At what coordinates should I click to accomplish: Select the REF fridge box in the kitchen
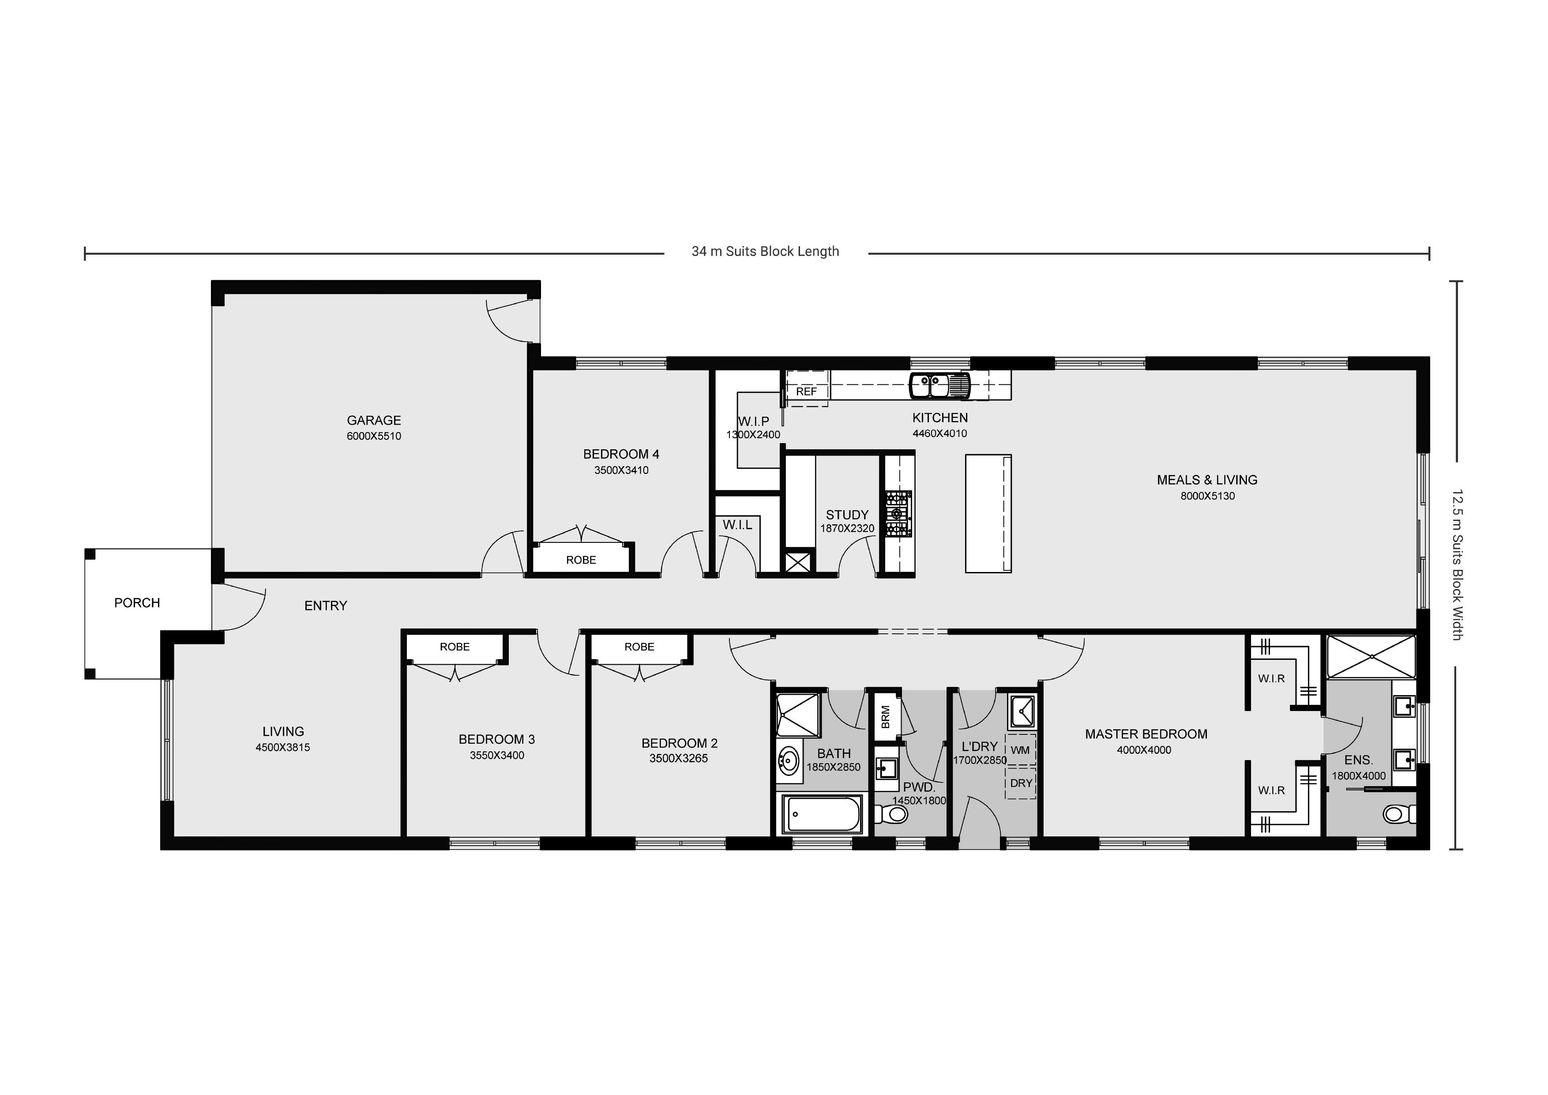point(806,391)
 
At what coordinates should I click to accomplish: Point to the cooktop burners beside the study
point(898,514)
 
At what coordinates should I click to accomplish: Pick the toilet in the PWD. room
point(893,814)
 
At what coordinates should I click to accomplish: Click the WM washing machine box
point(1020,750)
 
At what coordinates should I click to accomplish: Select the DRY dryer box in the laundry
point(1021,783)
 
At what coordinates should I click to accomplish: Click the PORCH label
point(137,603)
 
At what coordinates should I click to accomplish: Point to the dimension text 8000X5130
point(1207,496)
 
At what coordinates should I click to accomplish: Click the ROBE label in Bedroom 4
point(581,560)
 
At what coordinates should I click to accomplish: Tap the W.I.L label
point(737,525)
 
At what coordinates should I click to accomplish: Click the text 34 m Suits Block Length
point(765,252)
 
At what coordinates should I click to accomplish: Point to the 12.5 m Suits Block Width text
point(1457,564)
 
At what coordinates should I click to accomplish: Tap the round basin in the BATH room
point(788,762)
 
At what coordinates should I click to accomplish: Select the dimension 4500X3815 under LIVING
point(282,747)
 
